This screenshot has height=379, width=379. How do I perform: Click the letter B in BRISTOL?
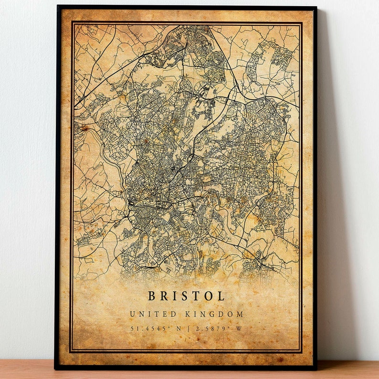(152, 296)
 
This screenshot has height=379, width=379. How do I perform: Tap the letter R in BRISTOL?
(165, 296)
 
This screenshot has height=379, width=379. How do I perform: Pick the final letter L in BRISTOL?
(221, 296)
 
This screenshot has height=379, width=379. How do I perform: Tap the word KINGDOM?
(215, 314)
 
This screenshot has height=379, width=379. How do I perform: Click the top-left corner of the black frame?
(58, 6)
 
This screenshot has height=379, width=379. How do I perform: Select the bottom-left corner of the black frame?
(56, 368)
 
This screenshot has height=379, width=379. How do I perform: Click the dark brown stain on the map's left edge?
(85, 128)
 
